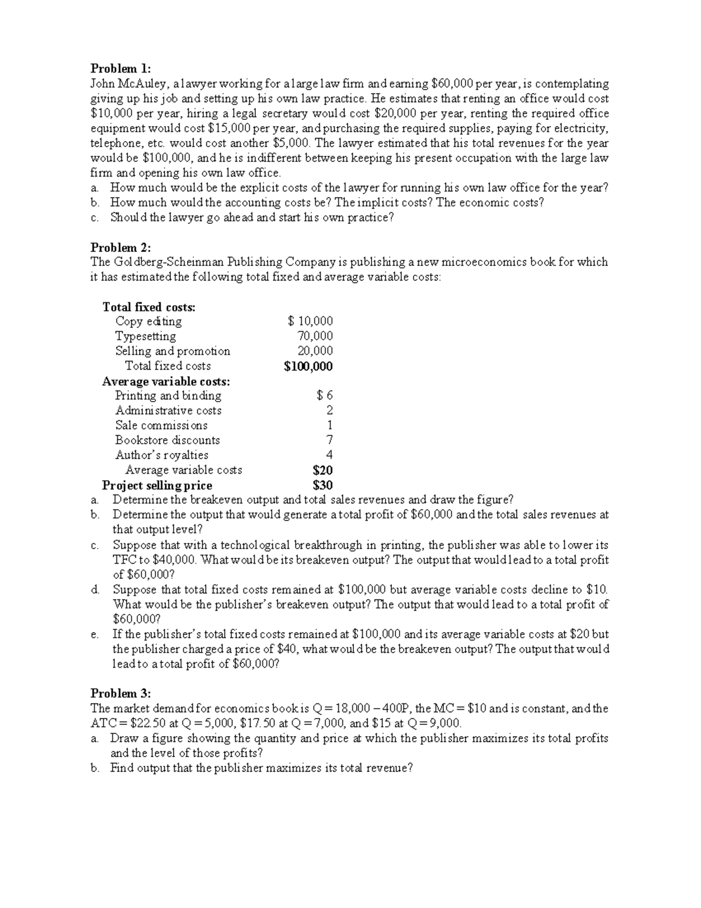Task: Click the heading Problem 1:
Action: pyautogui.click(x=120, y=68)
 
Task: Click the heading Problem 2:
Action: pyautogui.click(x=120, y=247)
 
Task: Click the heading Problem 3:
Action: pyautogui.click(x=120, y=693)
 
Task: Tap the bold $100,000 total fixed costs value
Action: pyautogui.click(x=308, y=366)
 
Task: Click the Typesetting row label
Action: pyautogui.click(x=145, y=336)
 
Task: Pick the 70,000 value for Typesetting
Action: pyautogui.click(x=315, y=336)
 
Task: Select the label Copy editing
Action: pyautogui.click(x=148, y=321)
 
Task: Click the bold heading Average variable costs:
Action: pyautogui.click(x=166, y=381)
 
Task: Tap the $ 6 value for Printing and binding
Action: pyautogui.click(x=325, y=396)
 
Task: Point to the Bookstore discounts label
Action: pyautogui.click(x=168, y=440)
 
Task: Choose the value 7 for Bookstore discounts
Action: pyautogui.click(x=329, y=440)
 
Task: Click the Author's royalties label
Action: pyautogui.click(x=162, y=455)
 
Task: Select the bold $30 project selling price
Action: pyautogui.click(x=322, y=485)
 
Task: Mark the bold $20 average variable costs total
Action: pyautogui.click(x=322, y=470)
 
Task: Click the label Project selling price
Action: pyautogui.click(x=157, y=485)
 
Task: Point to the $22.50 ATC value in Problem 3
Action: pyautogui.click(x=151, y=723)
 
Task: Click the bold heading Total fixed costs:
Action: pyautogui.click(x=149, y=306)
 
